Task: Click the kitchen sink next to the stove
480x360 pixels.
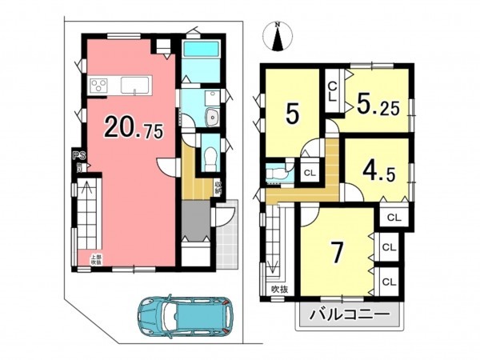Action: [x=131, y=85]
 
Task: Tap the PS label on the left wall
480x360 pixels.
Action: [x=78, y=155]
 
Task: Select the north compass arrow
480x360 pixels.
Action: [x=278, y=36]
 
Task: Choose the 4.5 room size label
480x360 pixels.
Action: [x=376, y=170]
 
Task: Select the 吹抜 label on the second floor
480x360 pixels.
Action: [x=278, y=289]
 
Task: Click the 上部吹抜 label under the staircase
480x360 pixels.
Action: [x=94, y=258]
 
